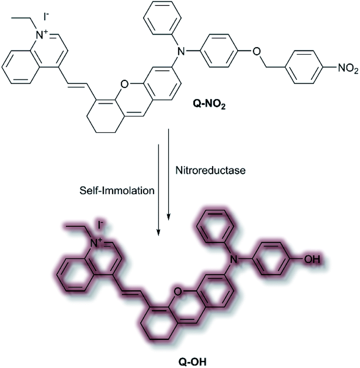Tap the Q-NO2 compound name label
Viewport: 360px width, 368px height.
(209, 105)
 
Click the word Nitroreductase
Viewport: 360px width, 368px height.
(211, 170)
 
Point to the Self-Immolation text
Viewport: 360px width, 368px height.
(117, 190)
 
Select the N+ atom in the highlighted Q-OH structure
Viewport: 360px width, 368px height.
(96, 243)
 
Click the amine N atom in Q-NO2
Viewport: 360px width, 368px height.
(181, 51)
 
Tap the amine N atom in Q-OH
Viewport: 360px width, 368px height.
(233, 259)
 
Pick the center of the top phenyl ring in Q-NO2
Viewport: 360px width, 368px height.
(163, 18)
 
